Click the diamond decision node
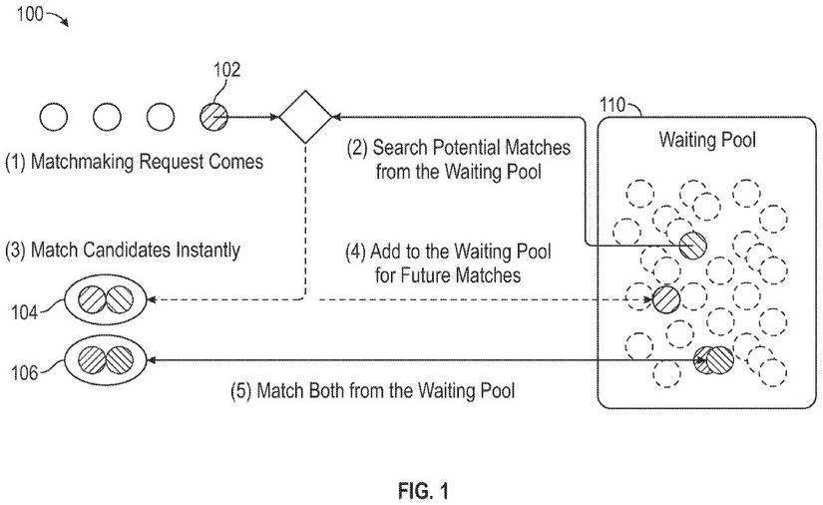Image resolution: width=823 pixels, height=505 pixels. (x=304, y=117)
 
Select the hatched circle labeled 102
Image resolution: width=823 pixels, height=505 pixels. (x=212, y=117)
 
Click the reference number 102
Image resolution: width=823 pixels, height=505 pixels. (x=226, y=70)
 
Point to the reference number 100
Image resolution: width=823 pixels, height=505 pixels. (x=30, y=14)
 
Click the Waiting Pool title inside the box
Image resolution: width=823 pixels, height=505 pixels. (x=706, y=140)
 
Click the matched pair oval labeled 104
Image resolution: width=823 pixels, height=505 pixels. (x=106, y=298)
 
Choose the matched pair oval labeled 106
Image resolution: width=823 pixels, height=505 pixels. (x=106, y=359)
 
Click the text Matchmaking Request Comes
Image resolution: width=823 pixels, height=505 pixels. (x=135, y=161)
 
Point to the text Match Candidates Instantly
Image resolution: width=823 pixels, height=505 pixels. (x=123, y=250)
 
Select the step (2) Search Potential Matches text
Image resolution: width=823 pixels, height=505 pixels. (x=458, y=159)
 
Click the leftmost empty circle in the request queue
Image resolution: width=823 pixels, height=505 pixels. (x=54, y=117)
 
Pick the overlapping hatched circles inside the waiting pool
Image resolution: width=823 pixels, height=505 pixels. (x=713, y=359)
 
